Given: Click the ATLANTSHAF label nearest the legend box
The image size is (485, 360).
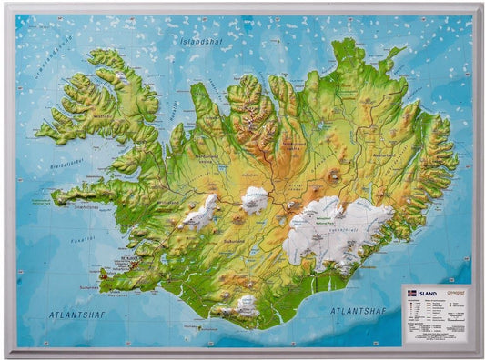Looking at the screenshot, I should (359, 310).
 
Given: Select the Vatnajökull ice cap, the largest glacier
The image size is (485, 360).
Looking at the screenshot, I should (328, 232).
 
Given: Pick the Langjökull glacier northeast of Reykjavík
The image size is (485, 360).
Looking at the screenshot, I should (200, 211).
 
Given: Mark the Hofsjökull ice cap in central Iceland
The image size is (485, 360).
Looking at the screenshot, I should (255, 197).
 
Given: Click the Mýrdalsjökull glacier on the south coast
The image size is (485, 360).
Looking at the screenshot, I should (244, 305).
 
